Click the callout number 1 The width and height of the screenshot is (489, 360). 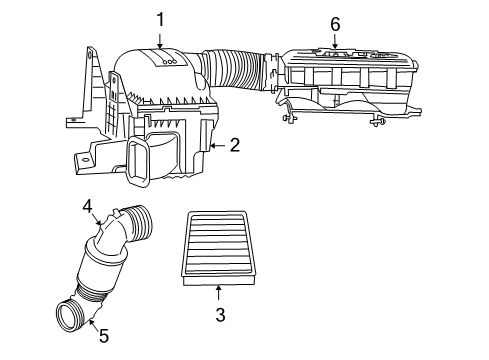(159, 19)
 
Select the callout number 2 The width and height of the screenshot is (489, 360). (233, 145)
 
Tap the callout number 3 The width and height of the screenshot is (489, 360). (220, 315)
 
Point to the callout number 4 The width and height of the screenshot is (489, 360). (87, 207)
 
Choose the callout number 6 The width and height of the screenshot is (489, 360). (335, 23)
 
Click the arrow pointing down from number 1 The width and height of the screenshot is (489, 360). (159, 40)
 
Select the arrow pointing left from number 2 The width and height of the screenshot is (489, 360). (216, 145)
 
